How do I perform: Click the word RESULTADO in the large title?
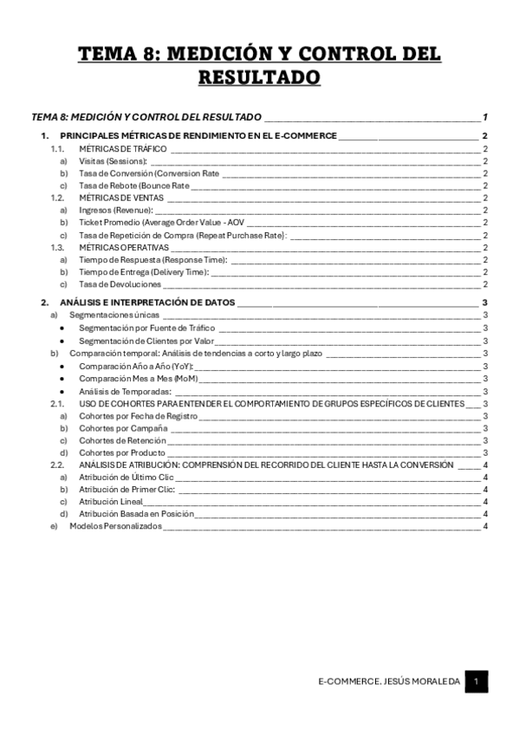click(x=259, y=77)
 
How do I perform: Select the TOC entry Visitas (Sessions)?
click(x=114, y=161)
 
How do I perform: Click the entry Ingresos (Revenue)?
click(x=115, y=210)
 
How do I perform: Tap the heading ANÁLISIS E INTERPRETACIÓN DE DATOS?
click(x=147, y=302)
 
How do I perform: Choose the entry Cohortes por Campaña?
click(x=120, y=428)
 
